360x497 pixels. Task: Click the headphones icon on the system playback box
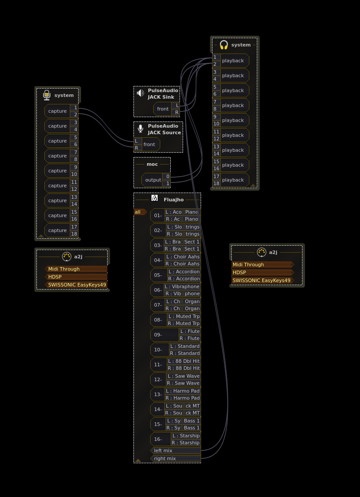click(224, 45)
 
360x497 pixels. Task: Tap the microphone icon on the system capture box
click(47, 95)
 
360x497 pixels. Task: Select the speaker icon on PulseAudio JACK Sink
click(140, 93)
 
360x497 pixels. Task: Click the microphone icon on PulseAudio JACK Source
click(140, 129)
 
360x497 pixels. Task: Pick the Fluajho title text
click(173, 200)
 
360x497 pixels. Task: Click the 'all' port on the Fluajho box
click(139, 212)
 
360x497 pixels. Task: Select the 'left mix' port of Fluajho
click(176, 451)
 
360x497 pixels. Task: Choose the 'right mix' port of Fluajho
click(176, 458)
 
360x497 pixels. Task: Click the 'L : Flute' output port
click(190, 331)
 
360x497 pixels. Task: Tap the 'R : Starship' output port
click(186, 443)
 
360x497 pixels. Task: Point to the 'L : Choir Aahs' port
click(183, 257)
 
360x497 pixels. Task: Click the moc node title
click(152, 164)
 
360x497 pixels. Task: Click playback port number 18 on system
click(216, 183)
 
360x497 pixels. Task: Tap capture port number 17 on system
click(74, 227)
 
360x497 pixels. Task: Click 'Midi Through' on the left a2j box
click(76, 269)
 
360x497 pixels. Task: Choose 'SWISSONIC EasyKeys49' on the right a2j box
click(262, 280)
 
